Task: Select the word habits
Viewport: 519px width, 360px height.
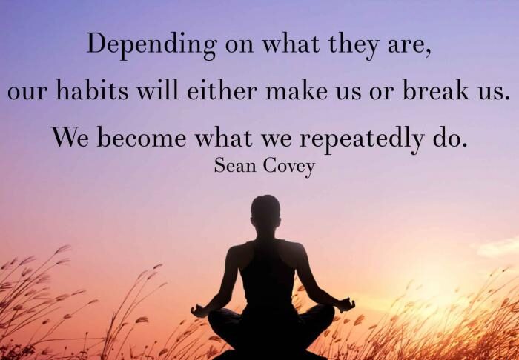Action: [92, 89]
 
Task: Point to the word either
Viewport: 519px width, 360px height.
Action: [222, 89]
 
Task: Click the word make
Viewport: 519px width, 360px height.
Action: [297, 89]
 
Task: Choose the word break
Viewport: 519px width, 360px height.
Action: [436, 89]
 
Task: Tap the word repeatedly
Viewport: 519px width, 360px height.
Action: [362, 139]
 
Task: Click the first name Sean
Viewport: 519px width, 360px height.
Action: [235, 165]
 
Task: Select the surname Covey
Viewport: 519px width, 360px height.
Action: [289, 166]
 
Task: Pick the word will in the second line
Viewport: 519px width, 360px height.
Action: [157, 89]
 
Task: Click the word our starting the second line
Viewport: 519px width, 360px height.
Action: [27, 93]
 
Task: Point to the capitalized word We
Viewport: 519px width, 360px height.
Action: [70, 137]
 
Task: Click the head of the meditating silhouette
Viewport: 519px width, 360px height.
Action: [265, 213]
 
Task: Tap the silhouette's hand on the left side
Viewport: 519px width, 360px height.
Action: [199, 311]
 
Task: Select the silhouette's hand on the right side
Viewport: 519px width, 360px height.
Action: [346, 304]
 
